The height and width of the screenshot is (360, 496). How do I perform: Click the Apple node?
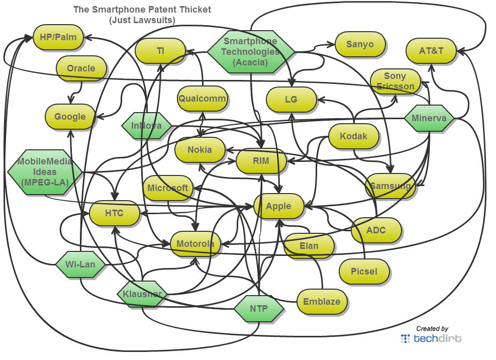pyautogui.click(x=279, y=206)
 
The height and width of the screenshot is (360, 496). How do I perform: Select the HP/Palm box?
pyautogui.click(x=58, y=37)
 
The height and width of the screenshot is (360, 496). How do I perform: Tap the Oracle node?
pyautogui.click(x=81, y=68)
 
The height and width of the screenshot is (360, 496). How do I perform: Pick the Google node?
pyautogui.click(x=70, y=117)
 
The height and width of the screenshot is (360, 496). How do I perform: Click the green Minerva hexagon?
pyautogui.click(x=429, y=119)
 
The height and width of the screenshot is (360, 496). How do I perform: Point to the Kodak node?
pyautogui.click(x=353, y=136)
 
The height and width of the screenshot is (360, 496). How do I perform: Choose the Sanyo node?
pyautogui.click(x=360, y=44)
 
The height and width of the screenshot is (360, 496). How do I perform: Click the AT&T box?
pyautogui.click(x=431, y=50)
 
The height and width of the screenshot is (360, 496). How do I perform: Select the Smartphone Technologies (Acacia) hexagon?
pyautogui.click(x=251, y=51)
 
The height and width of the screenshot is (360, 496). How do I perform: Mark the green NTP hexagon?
pyautogui.click(x=259, y=308)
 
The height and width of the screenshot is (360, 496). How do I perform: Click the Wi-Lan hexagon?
pyautogui.click(x=80, y=263)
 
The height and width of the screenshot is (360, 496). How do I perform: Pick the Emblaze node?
pyautogui.click(x=322, y=302)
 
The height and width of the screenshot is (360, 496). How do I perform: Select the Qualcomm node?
pyautogui.click(x=202, y=99)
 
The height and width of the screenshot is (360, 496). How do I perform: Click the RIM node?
pyautogui.click(x=261, y=161)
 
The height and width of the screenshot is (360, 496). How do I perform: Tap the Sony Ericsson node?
pyautogui.click(x=395, y=81)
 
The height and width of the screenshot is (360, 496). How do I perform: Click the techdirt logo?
pyautogui.click(x=431, y=338)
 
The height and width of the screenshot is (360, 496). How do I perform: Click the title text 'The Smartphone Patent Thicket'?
pyautogui.click(x=142, y=10)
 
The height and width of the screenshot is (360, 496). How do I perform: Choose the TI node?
pyautogui.click(x=160, y=51)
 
